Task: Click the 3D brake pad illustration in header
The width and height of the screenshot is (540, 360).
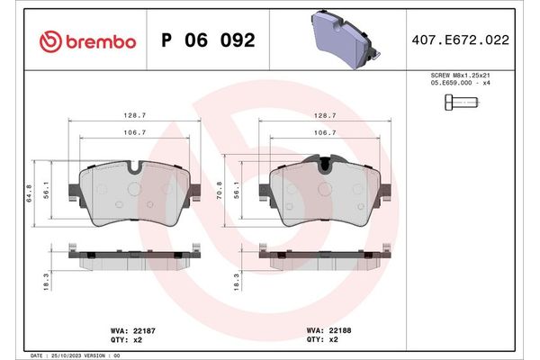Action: pos(346,39)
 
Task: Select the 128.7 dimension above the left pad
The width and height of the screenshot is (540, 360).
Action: pos(135,116)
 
